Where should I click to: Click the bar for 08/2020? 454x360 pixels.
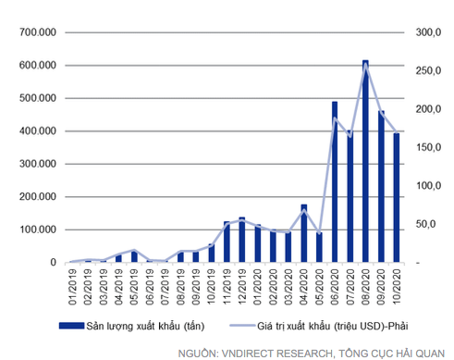pyautogui.click(x=365, y=162)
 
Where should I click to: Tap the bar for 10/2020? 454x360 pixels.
pyautogui.click(x=397, y=198)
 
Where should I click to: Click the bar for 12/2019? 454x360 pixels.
pyautogui.click(x=241, y=240)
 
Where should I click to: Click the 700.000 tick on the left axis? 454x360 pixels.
pyautogui.click(x=39, y=32)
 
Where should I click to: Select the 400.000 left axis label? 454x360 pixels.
pyautogui.click(x=39, y=131)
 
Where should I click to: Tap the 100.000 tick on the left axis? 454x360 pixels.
pyautogui.click(x=39, y=230)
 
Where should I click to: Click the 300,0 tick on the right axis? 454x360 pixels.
pyautogui.click(x=428, y=32)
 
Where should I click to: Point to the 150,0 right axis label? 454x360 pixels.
pyautogui.click(x=428, y=148)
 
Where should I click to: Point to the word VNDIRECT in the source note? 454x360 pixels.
pyautogui.click(x=261, y=350)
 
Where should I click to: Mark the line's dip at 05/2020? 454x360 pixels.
pyautogui.click(x=319, y=233)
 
